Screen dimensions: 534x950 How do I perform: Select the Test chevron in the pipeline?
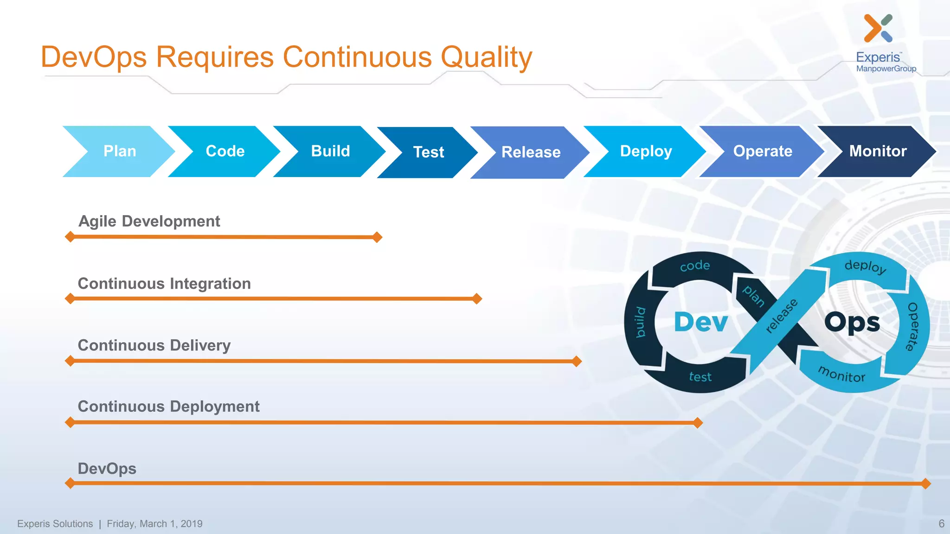(x=428, y=152)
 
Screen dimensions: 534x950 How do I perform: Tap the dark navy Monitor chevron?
(x=878, y=151)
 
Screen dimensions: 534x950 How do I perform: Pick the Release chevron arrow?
(x=531, y=152)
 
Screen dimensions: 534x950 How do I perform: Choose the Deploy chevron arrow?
(x=646, y=151)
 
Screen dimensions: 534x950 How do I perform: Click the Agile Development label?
(x=149, y=221)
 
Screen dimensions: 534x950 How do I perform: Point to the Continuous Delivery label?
(x=154, y=345)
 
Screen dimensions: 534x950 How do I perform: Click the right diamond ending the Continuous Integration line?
(x=477, y=299)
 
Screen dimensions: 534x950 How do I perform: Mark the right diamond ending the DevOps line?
(x=926, y=483)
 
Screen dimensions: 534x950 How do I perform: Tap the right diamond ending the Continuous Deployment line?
(x=698, y=422)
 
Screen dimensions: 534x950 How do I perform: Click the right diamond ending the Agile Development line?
(x=378, y=237)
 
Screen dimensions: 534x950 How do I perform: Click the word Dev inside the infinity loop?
(x=700, y=322)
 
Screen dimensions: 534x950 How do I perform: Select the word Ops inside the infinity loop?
(x=852, y=323)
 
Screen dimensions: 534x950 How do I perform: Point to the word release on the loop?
(x=781, y=316)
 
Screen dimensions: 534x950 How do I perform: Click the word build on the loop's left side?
(x=640, y=322)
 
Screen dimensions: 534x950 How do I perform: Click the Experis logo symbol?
(x=878, y=28)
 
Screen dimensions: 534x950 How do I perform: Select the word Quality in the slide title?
(x=486, y=57)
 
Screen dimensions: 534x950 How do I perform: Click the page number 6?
(x=941, y=523)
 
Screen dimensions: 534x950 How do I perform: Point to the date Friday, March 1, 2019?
(x=154, y=524)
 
